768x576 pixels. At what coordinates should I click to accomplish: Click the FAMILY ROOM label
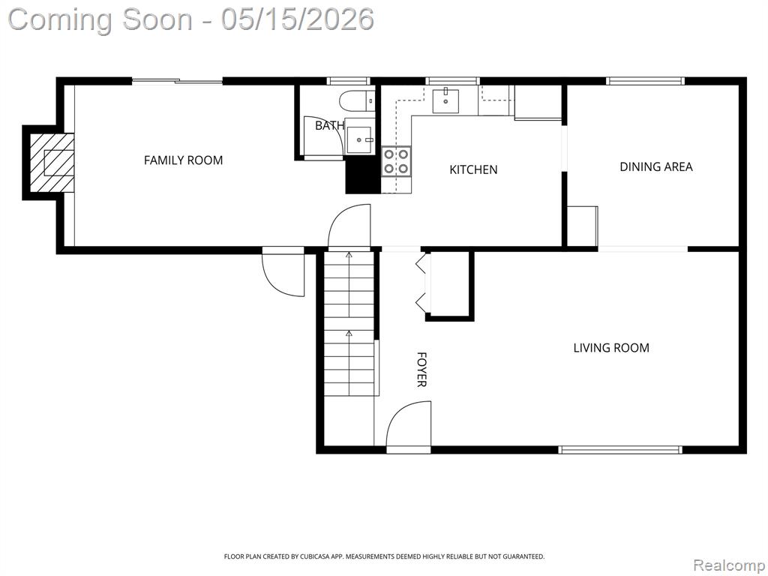(x=183, y=160)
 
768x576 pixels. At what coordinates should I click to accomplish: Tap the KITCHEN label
(x=473, y=169)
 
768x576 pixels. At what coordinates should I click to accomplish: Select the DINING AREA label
(x=655, y=166)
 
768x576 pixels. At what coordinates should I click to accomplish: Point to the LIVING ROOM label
(x=611, y=348)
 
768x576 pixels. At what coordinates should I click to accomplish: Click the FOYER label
(x=421, y=369)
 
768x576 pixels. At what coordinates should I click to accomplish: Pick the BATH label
(x=329, y=126)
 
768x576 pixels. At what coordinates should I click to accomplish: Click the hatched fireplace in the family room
(x=52, y=163)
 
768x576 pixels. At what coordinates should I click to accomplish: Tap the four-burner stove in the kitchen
(x=396, y=161)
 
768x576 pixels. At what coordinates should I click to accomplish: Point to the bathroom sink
(x=359, y=140)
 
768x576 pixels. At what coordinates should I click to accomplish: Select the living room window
(x=620, y=450)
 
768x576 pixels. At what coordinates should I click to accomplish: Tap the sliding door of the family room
(x=177, y=81)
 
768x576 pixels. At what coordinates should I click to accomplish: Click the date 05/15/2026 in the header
(x=297, y=19)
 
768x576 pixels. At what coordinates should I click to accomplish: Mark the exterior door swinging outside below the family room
(x=283, y=271)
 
